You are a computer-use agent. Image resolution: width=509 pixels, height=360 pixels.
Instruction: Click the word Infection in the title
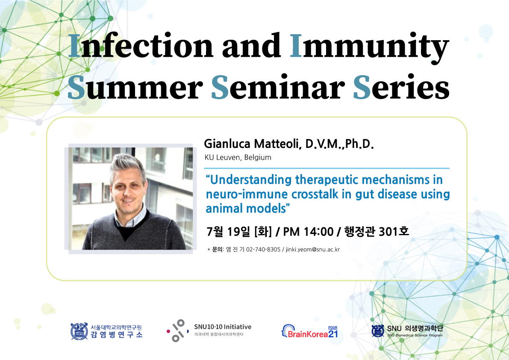141,46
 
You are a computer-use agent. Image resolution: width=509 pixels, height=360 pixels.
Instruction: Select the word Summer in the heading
135,87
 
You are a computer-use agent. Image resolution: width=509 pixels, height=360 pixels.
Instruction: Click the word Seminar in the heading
278,87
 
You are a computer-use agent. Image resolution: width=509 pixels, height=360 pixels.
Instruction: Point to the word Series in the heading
401,87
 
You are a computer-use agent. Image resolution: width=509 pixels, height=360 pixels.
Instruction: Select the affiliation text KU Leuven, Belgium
238,157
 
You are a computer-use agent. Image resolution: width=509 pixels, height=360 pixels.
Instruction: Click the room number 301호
394,231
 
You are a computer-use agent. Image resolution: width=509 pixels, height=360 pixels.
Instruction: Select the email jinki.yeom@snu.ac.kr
312,250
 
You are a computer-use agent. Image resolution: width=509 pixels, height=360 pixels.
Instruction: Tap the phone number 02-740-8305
263,250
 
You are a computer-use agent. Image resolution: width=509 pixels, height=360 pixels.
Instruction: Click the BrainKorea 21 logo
309,331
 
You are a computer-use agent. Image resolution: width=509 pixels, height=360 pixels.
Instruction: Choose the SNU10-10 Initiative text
223,327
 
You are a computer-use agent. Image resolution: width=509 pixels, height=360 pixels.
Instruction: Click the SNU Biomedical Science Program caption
415,335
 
